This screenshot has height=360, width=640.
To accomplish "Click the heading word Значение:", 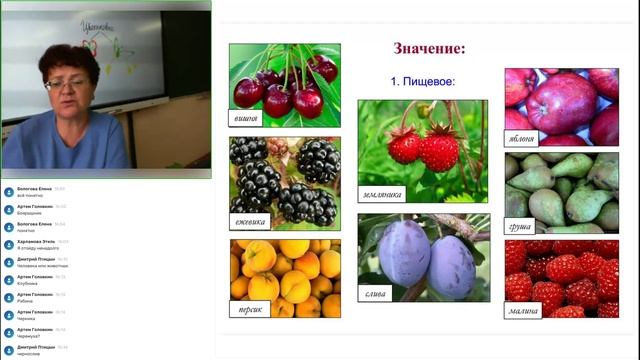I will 429,47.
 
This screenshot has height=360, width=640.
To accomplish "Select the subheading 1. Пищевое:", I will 422,82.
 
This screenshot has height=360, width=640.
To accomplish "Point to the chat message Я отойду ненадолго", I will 39,247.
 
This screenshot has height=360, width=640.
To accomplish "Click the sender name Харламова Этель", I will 36,241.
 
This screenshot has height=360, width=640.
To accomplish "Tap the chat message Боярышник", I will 30,213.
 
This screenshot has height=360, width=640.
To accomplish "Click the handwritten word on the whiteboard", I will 100,29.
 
